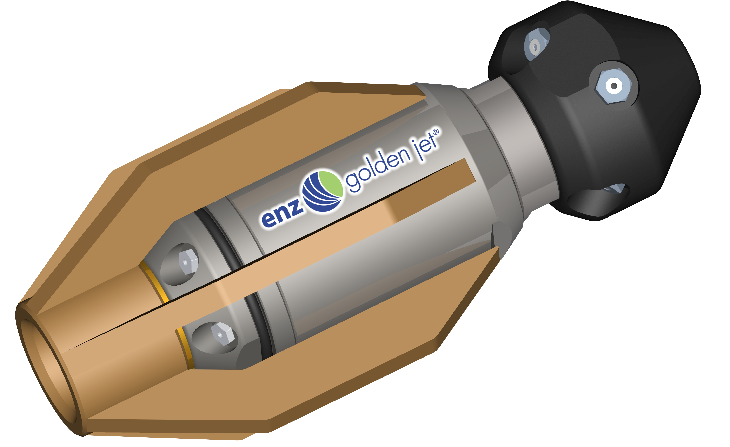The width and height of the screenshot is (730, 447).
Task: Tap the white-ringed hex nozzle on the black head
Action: click(613, 86)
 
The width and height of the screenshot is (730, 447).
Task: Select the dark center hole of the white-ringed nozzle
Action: click(614, 86)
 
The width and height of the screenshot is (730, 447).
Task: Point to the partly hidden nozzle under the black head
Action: click(616, 188)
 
